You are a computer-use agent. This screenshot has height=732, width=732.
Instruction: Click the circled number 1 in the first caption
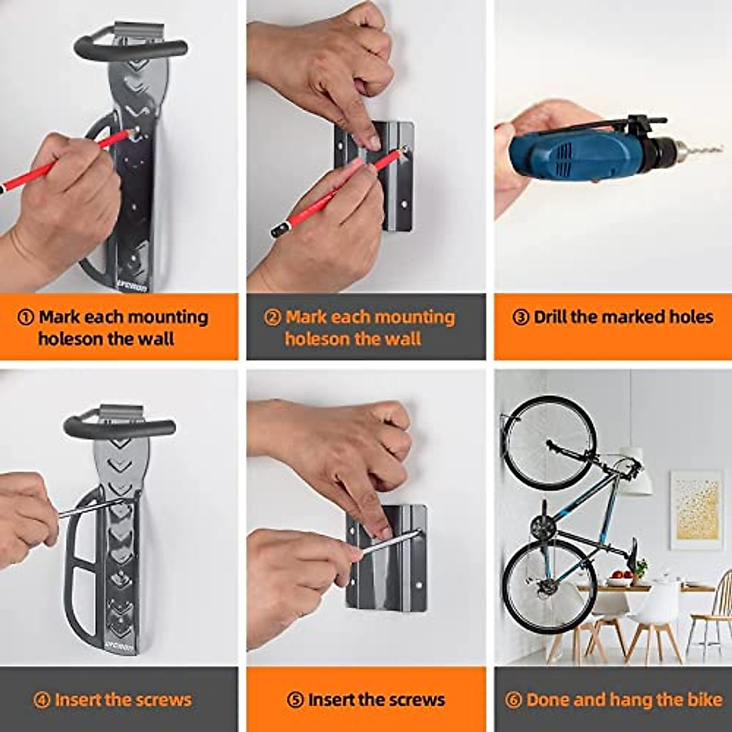coord(26,317)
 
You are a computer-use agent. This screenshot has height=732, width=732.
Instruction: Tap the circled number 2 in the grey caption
coord(272,317)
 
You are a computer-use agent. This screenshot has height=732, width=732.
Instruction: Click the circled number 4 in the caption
coord(41,700)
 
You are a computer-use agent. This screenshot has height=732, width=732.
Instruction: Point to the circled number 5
coord(295,700)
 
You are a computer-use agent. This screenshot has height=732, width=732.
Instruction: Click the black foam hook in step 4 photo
coord(119,426)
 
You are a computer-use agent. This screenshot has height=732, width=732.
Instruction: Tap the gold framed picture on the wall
coord(696,509)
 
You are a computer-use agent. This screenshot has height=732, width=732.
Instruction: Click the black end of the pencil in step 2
coord(278,231)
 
